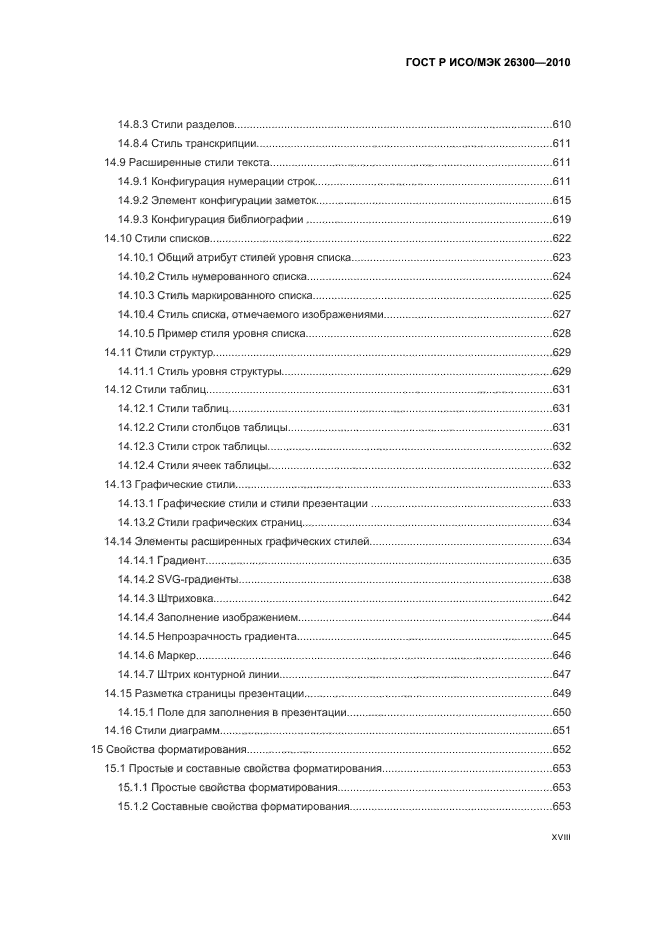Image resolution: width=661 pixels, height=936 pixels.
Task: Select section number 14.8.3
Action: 133,125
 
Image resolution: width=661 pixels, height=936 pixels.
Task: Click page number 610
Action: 561,125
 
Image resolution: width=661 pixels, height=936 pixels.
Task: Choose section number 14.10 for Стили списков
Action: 118,239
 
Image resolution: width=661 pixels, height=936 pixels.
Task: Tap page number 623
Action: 561,258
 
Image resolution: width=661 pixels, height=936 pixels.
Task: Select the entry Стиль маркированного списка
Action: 232,296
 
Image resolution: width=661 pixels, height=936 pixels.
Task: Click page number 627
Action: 561,314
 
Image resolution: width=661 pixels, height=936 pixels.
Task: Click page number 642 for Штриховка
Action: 561,598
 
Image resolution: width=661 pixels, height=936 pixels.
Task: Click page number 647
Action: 561,674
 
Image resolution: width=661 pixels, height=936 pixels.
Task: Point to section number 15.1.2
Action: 133,806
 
